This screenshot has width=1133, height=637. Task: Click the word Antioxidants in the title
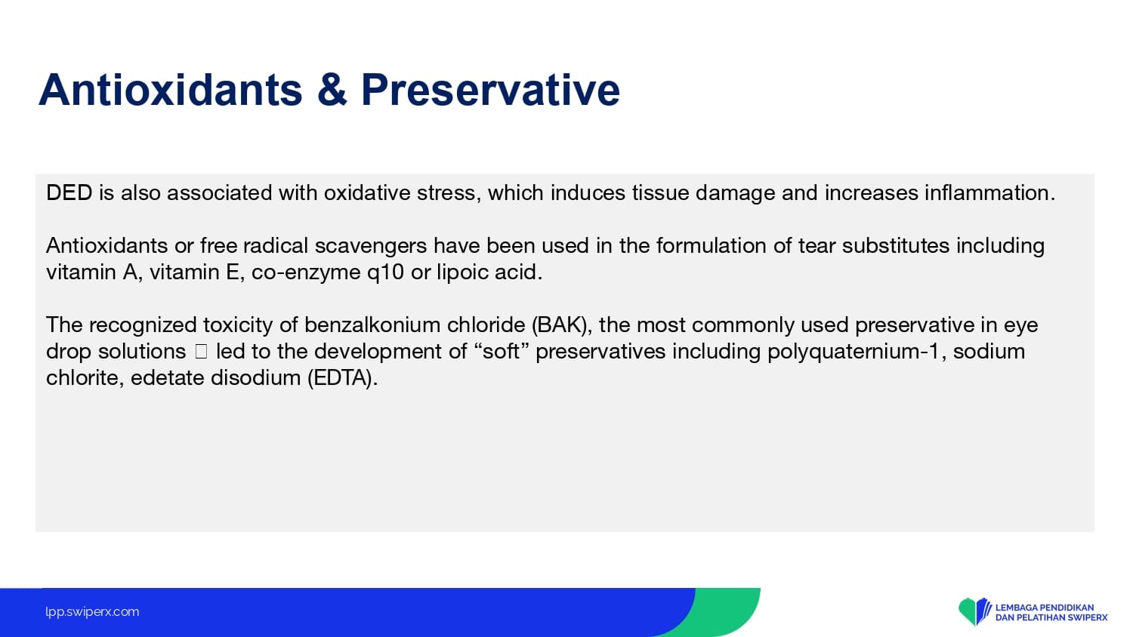point(171,90)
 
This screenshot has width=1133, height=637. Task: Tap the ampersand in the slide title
point(332,90)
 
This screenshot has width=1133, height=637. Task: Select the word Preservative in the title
point(490,90)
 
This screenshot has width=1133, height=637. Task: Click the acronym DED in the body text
point(69,192)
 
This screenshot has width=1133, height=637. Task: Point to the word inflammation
point(989,192)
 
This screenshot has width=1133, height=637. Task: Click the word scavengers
point(371,246)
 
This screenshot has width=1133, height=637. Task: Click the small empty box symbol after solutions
point(201,352)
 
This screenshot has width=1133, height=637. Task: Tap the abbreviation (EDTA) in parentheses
point(342,378)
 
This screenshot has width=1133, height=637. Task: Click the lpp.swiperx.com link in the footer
point(92,612)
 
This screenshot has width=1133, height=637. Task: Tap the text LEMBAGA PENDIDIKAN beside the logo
point(1045,607)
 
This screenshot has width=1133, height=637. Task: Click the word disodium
point(255,378)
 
